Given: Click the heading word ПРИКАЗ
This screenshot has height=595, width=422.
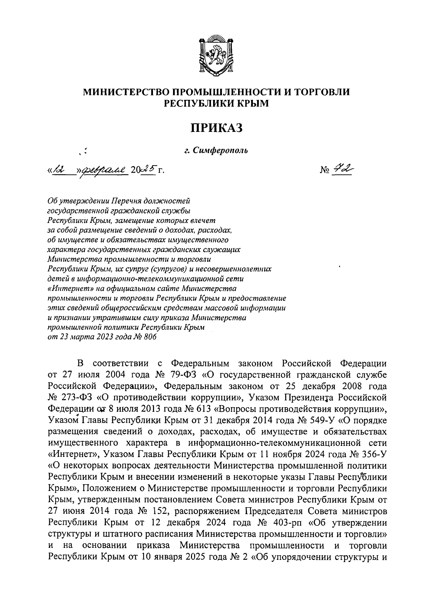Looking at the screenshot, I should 217,128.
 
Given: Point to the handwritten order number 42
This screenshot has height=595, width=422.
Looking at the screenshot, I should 342,170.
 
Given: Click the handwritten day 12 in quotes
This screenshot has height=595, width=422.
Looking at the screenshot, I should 59,171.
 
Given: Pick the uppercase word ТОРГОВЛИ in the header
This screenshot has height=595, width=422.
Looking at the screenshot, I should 322,92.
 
